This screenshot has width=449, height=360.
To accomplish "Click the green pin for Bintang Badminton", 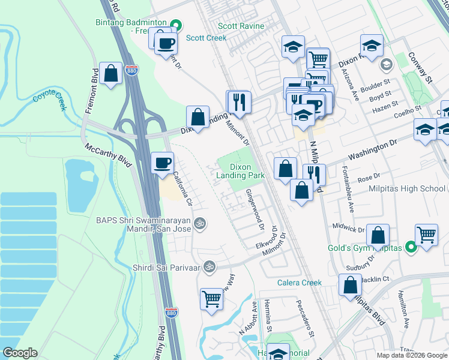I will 176,25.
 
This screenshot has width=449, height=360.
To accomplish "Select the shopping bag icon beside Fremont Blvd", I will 110,74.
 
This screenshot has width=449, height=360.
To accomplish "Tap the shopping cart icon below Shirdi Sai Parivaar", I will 211,299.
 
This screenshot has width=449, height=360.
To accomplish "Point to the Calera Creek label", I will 299,283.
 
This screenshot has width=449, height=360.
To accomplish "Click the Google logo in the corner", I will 19,353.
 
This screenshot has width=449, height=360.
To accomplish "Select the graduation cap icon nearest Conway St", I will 372,45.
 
